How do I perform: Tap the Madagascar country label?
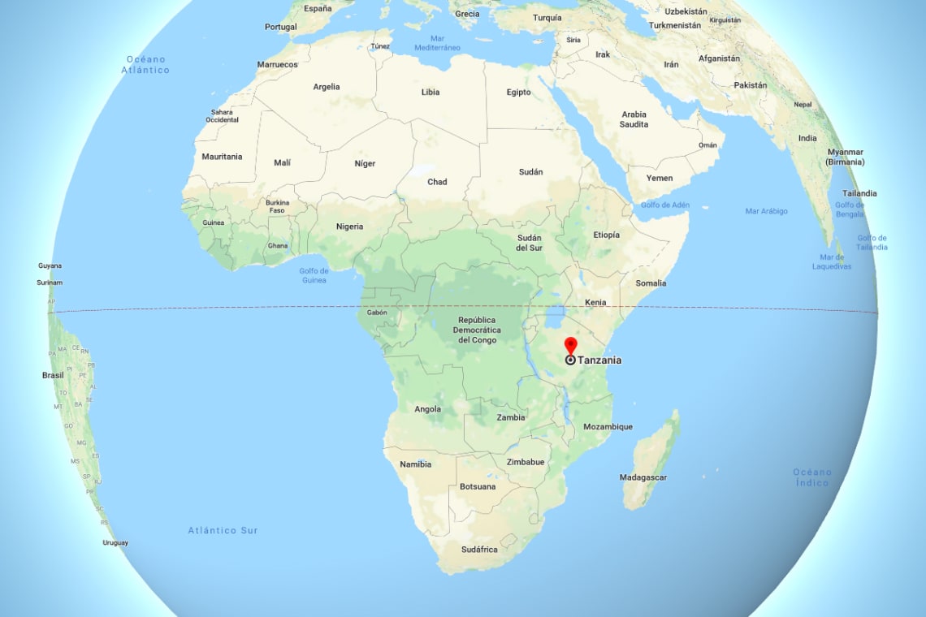click(x=643, y=477)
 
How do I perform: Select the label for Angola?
click(x=427, y=409)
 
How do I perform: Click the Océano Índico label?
click(x=812, y=477)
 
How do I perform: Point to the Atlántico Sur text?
click(x=223, y=530)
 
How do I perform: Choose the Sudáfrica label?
click(x=479, y=550)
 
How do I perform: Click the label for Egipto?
click(x=518, y=92)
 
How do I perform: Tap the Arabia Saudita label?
click(x=634, y=119)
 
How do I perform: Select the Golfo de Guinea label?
click(x=314, y=275)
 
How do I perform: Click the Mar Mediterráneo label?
click(x=438, y=42)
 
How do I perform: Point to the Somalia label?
click(x=651, y=283)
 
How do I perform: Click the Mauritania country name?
click(x=222, y=157)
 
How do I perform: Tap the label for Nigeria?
click(x=349, y=227)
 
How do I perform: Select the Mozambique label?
click(x=608, y=427)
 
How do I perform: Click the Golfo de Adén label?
click(x=664, y=205)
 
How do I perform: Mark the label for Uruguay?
click(x=115, y=542)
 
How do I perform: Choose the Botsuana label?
click(x=478, y=487)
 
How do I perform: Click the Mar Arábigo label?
click(x=766, y=211)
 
